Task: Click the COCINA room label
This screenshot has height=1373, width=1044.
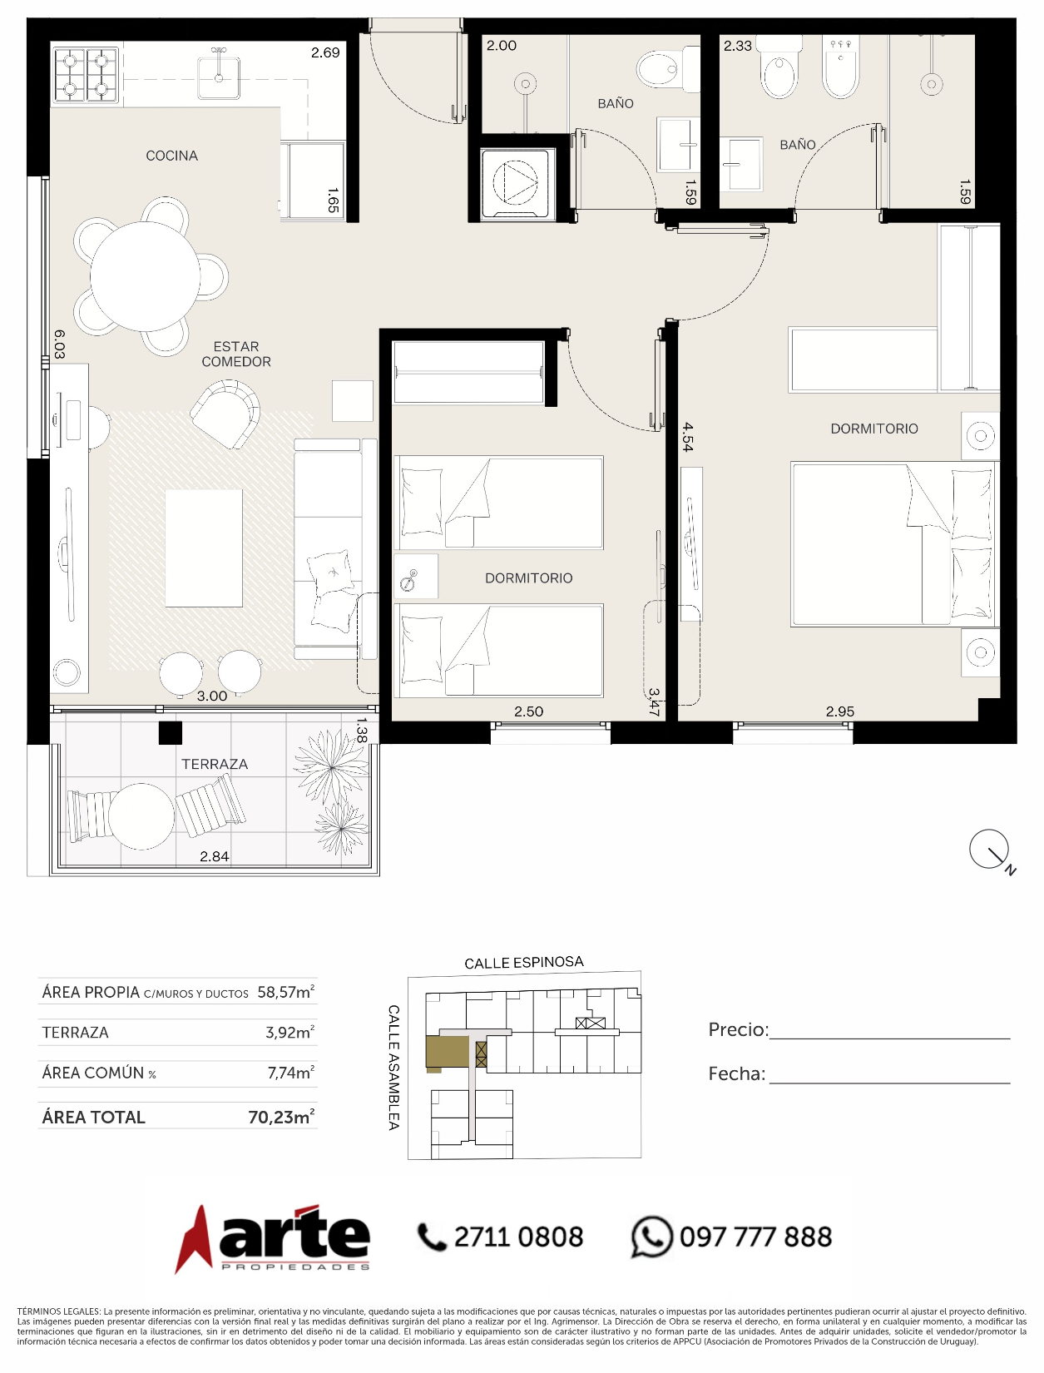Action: coord(172,156)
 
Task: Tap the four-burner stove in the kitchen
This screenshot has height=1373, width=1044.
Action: coord(86,75)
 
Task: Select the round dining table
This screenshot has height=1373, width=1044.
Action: coord(145,276)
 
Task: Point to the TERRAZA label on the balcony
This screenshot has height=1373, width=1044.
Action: coord(215,764)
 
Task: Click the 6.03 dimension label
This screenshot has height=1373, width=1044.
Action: coord(59,344)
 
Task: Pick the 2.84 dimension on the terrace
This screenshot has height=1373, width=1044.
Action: coord(215,856)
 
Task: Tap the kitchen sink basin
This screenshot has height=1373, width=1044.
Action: coord(219,78)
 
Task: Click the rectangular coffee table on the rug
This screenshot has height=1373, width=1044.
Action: coord(204,548)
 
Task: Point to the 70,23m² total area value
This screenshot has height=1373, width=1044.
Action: coord(281,1118)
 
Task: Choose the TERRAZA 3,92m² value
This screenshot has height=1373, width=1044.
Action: coord(289,1032)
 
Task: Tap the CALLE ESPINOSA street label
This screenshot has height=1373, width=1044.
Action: coord(524,963)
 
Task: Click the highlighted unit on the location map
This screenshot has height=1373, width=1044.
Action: coord(447,1052)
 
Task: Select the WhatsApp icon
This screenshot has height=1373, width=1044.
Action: coord(651,1237)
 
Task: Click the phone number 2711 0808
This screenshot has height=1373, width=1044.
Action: coord(518,1237)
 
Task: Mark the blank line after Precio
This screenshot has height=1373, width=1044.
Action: coord(889,1038)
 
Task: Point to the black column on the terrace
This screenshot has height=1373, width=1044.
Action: coord(170,732)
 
